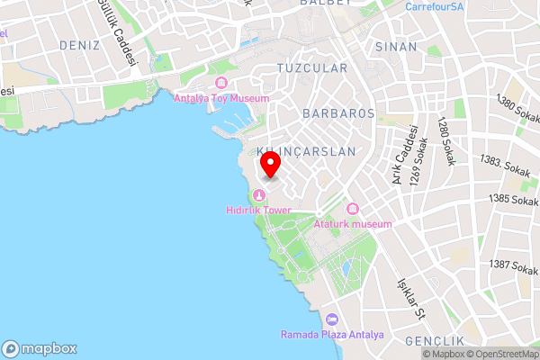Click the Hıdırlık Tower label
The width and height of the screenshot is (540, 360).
259,210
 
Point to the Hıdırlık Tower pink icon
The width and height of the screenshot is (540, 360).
259,195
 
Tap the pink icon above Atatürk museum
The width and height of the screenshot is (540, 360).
353,209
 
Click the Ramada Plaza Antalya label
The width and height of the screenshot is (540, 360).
331,335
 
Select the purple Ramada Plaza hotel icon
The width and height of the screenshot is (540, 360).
331,319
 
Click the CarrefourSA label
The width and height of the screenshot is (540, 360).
434,6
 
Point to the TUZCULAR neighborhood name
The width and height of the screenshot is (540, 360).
311,68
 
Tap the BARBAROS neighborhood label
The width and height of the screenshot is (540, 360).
338,114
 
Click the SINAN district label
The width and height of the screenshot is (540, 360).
396,47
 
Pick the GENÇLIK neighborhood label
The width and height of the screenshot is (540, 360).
435,341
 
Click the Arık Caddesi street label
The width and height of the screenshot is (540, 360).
400,155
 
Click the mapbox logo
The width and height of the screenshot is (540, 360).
40,349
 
